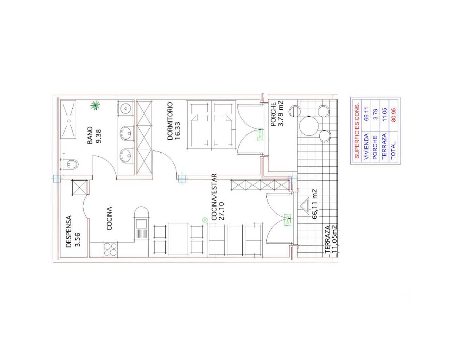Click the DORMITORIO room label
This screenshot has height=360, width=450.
[170, 121]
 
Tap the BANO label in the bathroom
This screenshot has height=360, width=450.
[90, 135]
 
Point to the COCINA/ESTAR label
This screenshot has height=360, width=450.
[214, 197]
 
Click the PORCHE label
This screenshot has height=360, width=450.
[274, 114]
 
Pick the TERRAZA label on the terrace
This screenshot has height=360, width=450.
[328, 239]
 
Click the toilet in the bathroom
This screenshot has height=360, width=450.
[71, 164]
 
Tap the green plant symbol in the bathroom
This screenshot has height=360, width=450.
[95, 105]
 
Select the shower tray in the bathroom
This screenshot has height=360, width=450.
[68, 120]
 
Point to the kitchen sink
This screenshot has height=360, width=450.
[141, 224]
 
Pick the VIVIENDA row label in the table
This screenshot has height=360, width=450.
[367, 147]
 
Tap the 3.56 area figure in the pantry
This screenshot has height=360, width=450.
[77, 239]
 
